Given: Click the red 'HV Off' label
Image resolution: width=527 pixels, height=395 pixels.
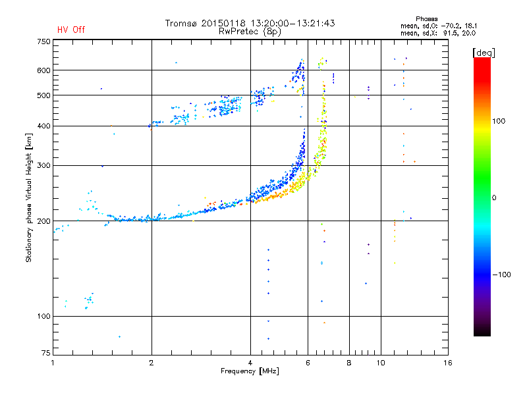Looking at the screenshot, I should pyautogui.click(x=71, y=30).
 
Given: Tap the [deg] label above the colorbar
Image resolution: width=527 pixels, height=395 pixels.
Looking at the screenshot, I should pyautogui.click(x=484, y=52).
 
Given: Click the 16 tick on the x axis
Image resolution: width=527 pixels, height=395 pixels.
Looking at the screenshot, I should pyautogui.click(x=447, y=363).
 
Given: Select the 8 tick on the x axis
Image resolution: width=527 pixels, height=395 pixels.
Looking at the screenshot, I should pyautogui.click(x=349, y=363).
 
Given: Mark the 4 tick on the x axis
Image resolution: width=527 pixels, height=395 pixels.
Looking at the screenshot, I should pyautogui.click(x=250, y=363).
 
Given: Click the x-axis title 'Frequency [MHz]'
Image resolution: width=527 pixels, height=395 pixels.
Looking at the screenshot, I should pyautogui.click(x=250, y=371).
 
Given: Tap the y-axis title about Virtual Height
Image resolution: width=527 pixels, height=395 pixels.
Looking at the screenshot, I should pyautogui.click(x=29, y=197).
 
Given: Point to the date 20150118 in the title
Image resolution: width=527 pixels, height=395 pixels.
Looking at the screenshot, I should pyautogui.click(x=223, y=23).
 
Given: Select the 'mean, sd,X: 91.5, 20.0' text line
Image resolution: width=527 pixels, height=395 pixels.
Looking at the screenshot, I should pyautogui.click(x=438, y=32).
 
